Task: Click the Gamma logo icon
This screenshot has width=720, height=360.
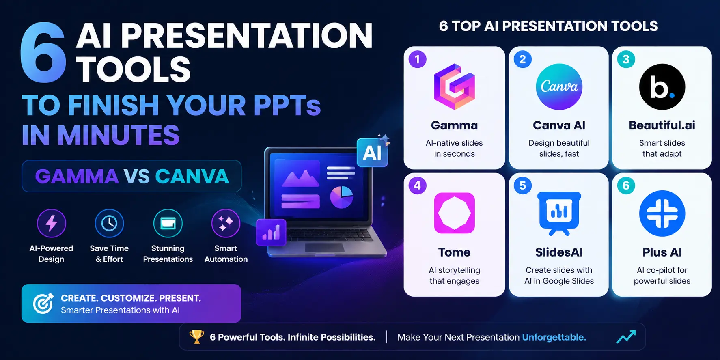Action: pos(454,86)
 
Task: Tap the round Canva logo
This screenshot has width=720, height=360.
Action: pos(559,86)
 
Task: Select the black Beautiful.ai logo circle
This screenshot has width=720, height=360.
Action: pos(662,86)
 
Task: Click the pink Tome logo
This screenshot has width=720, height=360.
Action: pos(454,213)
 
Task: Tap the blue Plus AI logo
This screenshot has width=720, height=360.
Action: pos(662,213)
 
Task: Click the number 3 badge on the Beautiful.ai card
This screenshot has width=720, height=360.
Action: pos(626,59)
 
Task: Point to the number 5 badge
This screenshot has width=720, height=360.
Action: pos(522,185)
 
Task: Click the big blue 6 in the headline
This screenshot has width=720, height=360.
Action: pos(43,53)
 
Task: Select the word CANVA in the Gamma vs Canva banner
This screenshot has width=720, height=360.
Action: pos(192,176)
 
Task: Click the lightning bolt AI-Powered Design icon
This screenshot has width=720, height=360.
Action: pos(52,223)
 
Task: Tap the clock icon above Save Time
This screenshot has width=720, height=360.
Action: pos(109,223)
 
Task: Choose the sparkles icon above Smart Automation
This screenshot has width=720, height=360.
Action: pos(226,223)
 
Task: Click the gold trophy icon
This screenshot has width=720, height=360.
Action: pos(197,336)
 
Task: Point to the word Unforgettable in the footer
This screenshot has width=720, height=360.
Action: pos(554,337)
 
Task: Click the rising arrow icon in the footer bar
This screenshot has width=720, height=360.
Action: pos(626,336)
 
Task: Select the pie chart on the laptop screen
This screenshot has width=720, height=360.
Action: pos(341,197)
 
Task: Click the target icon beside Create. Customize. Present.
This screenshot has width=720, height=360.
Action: pos(43,303)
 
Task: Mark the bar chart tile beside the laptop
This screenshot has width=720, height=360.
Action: pos(271,233)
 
